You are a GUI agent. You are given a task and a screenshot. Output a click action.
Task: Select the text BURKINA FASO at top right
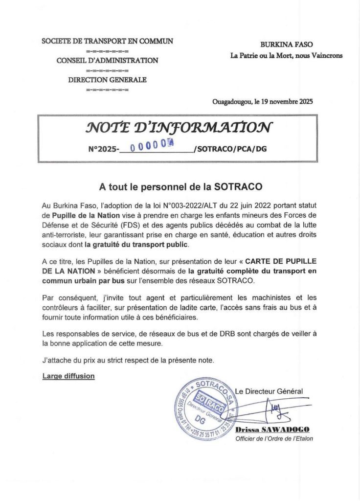tap(287, 44)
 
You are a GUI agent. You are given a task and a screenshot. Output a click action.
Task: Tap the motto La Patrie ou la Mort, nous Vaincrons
tap(287, 55)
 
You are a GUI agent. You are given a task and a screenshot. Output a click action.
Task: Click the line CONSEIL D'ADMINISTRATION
tap(107, 61)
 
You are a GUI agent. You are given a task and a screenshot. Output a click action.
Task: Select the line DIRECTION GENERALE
tap(107, 80)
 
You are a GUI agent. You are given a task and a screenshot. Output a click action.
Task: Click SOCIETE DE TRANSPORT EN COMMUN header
tap(107, 41)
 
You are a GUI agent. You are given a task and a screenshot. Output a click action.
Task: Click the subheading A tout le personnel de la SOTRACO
tap(180, 187)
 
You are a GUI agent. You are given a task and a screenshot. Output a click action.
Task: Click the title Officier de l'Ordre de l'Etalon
tap(274, 438)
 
